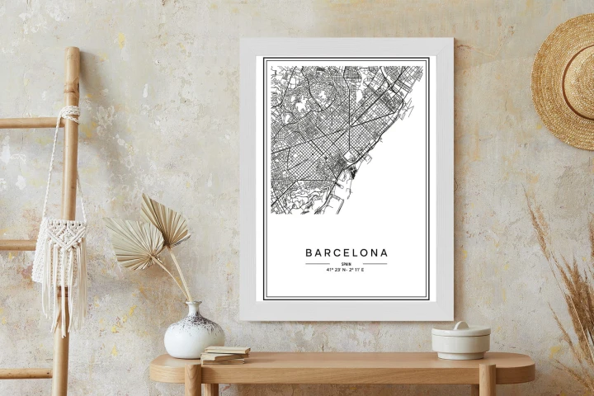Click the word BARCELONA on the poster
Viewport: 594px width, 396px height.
(x=346, y=252)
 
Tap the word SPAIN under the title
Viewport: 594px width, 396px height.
(x=346, y=263)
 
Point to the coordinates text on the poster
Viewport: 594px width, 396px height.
(x=346, y=270)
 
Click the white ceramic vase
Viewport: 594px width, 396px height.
(x=194, y=333)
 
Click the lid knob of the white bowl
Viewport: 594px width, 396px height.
(x=460, y=325)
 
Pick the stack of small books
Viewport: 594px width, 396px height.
(x=224, y=355)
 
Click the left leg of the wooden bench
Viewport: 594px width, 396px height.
(x=193, y=380)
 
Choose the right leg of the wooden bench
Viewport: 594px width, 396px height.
(x=487, y=380)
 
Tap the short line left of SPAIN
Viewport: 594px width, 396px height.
(x=318, y=264)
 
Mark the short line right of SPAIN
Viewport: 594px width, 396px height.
(x=374, y=264)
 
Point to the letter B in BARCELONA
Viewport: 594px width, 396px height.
(x=309, y=252)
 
